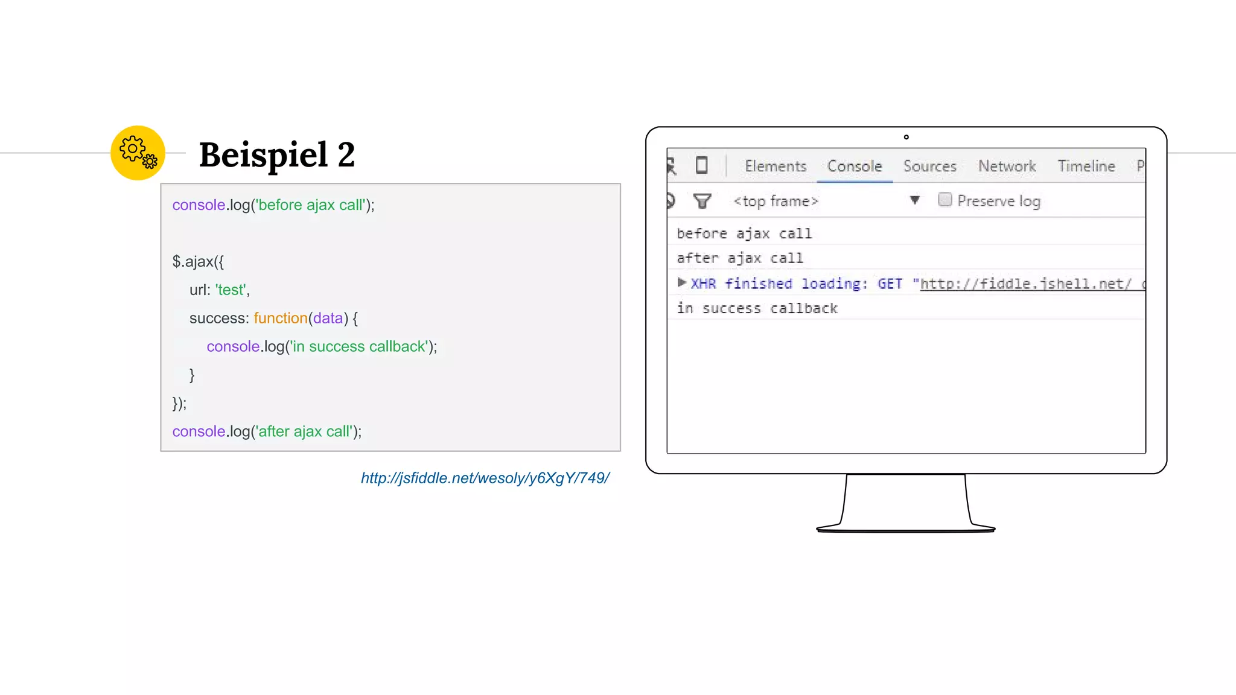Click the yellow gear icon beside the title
[138, 153]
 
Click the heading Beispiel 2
[276, 154]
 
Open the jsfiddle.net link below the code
[485, 478]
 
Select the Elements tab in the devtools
[775, 166]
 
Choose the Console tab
[854, 166]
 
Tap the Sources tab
[929, 166]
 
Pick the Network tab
[1007, 166]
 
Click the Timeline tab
[1086, 166]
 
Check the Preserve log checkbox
[945, 200]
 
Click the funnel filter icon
[702, 201]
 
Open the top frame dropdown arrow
[914, 200]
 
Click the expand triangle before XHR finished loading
[681, 282]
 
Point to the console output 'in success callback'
[757, 308]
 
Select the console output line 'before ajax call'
[744, 233]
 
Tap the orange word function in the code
[280, 318]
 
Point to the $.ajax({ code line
[198, 261]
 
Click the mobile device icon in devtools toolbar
[701, 165]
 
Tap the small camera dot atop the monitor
[906, 137]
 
